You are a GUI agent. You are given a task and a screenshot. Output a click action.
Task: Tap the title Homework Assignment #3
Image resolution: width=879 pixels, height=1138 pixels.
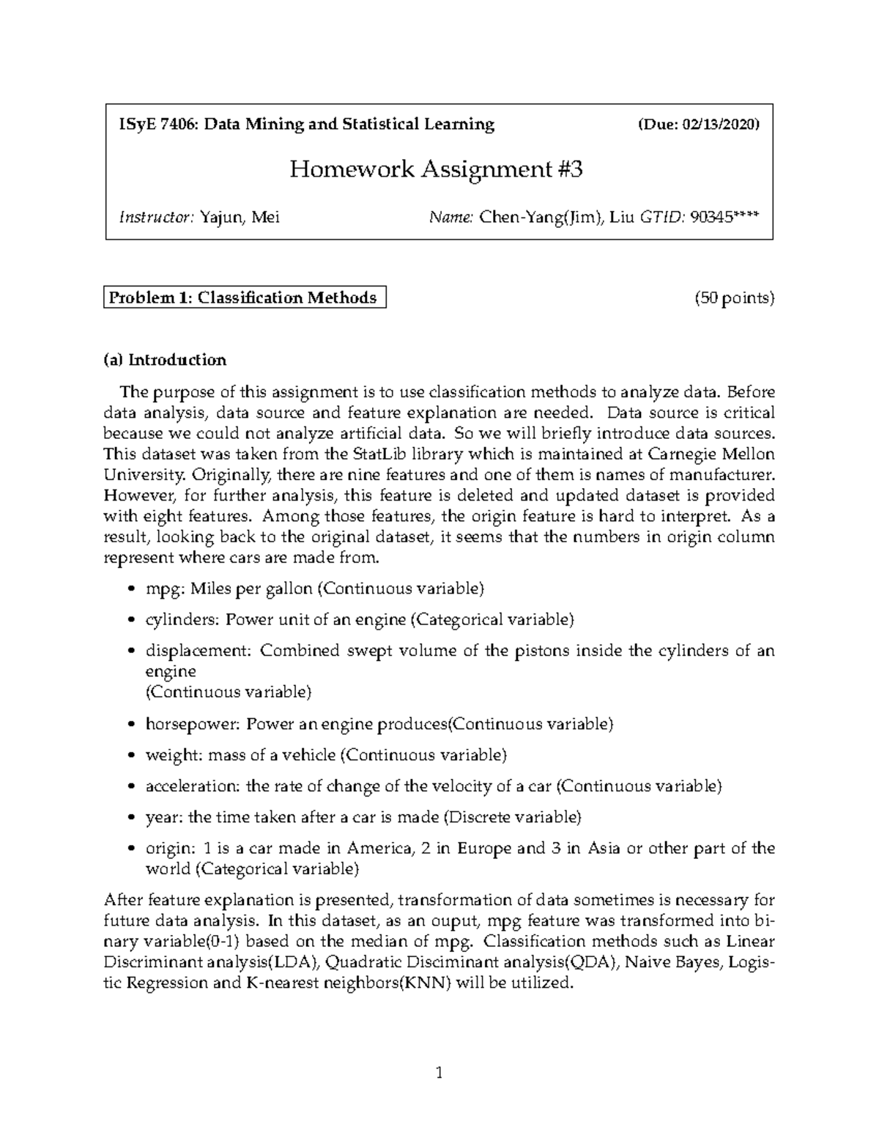click(x=437, y=170)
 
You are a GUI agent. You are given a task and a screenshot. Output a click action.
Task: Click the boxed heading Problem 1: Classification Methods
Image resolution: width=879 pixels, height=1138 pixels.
click(x=244, y=298)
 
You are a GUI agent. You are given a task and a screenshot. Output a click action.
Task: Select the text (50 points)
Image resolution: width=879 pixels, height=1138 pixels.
click(x=734, y=298)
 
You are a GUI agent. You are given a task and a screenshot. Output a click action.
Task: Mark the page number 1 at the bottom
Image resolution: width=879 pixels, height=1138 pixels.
click(x=439, y=1074)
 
